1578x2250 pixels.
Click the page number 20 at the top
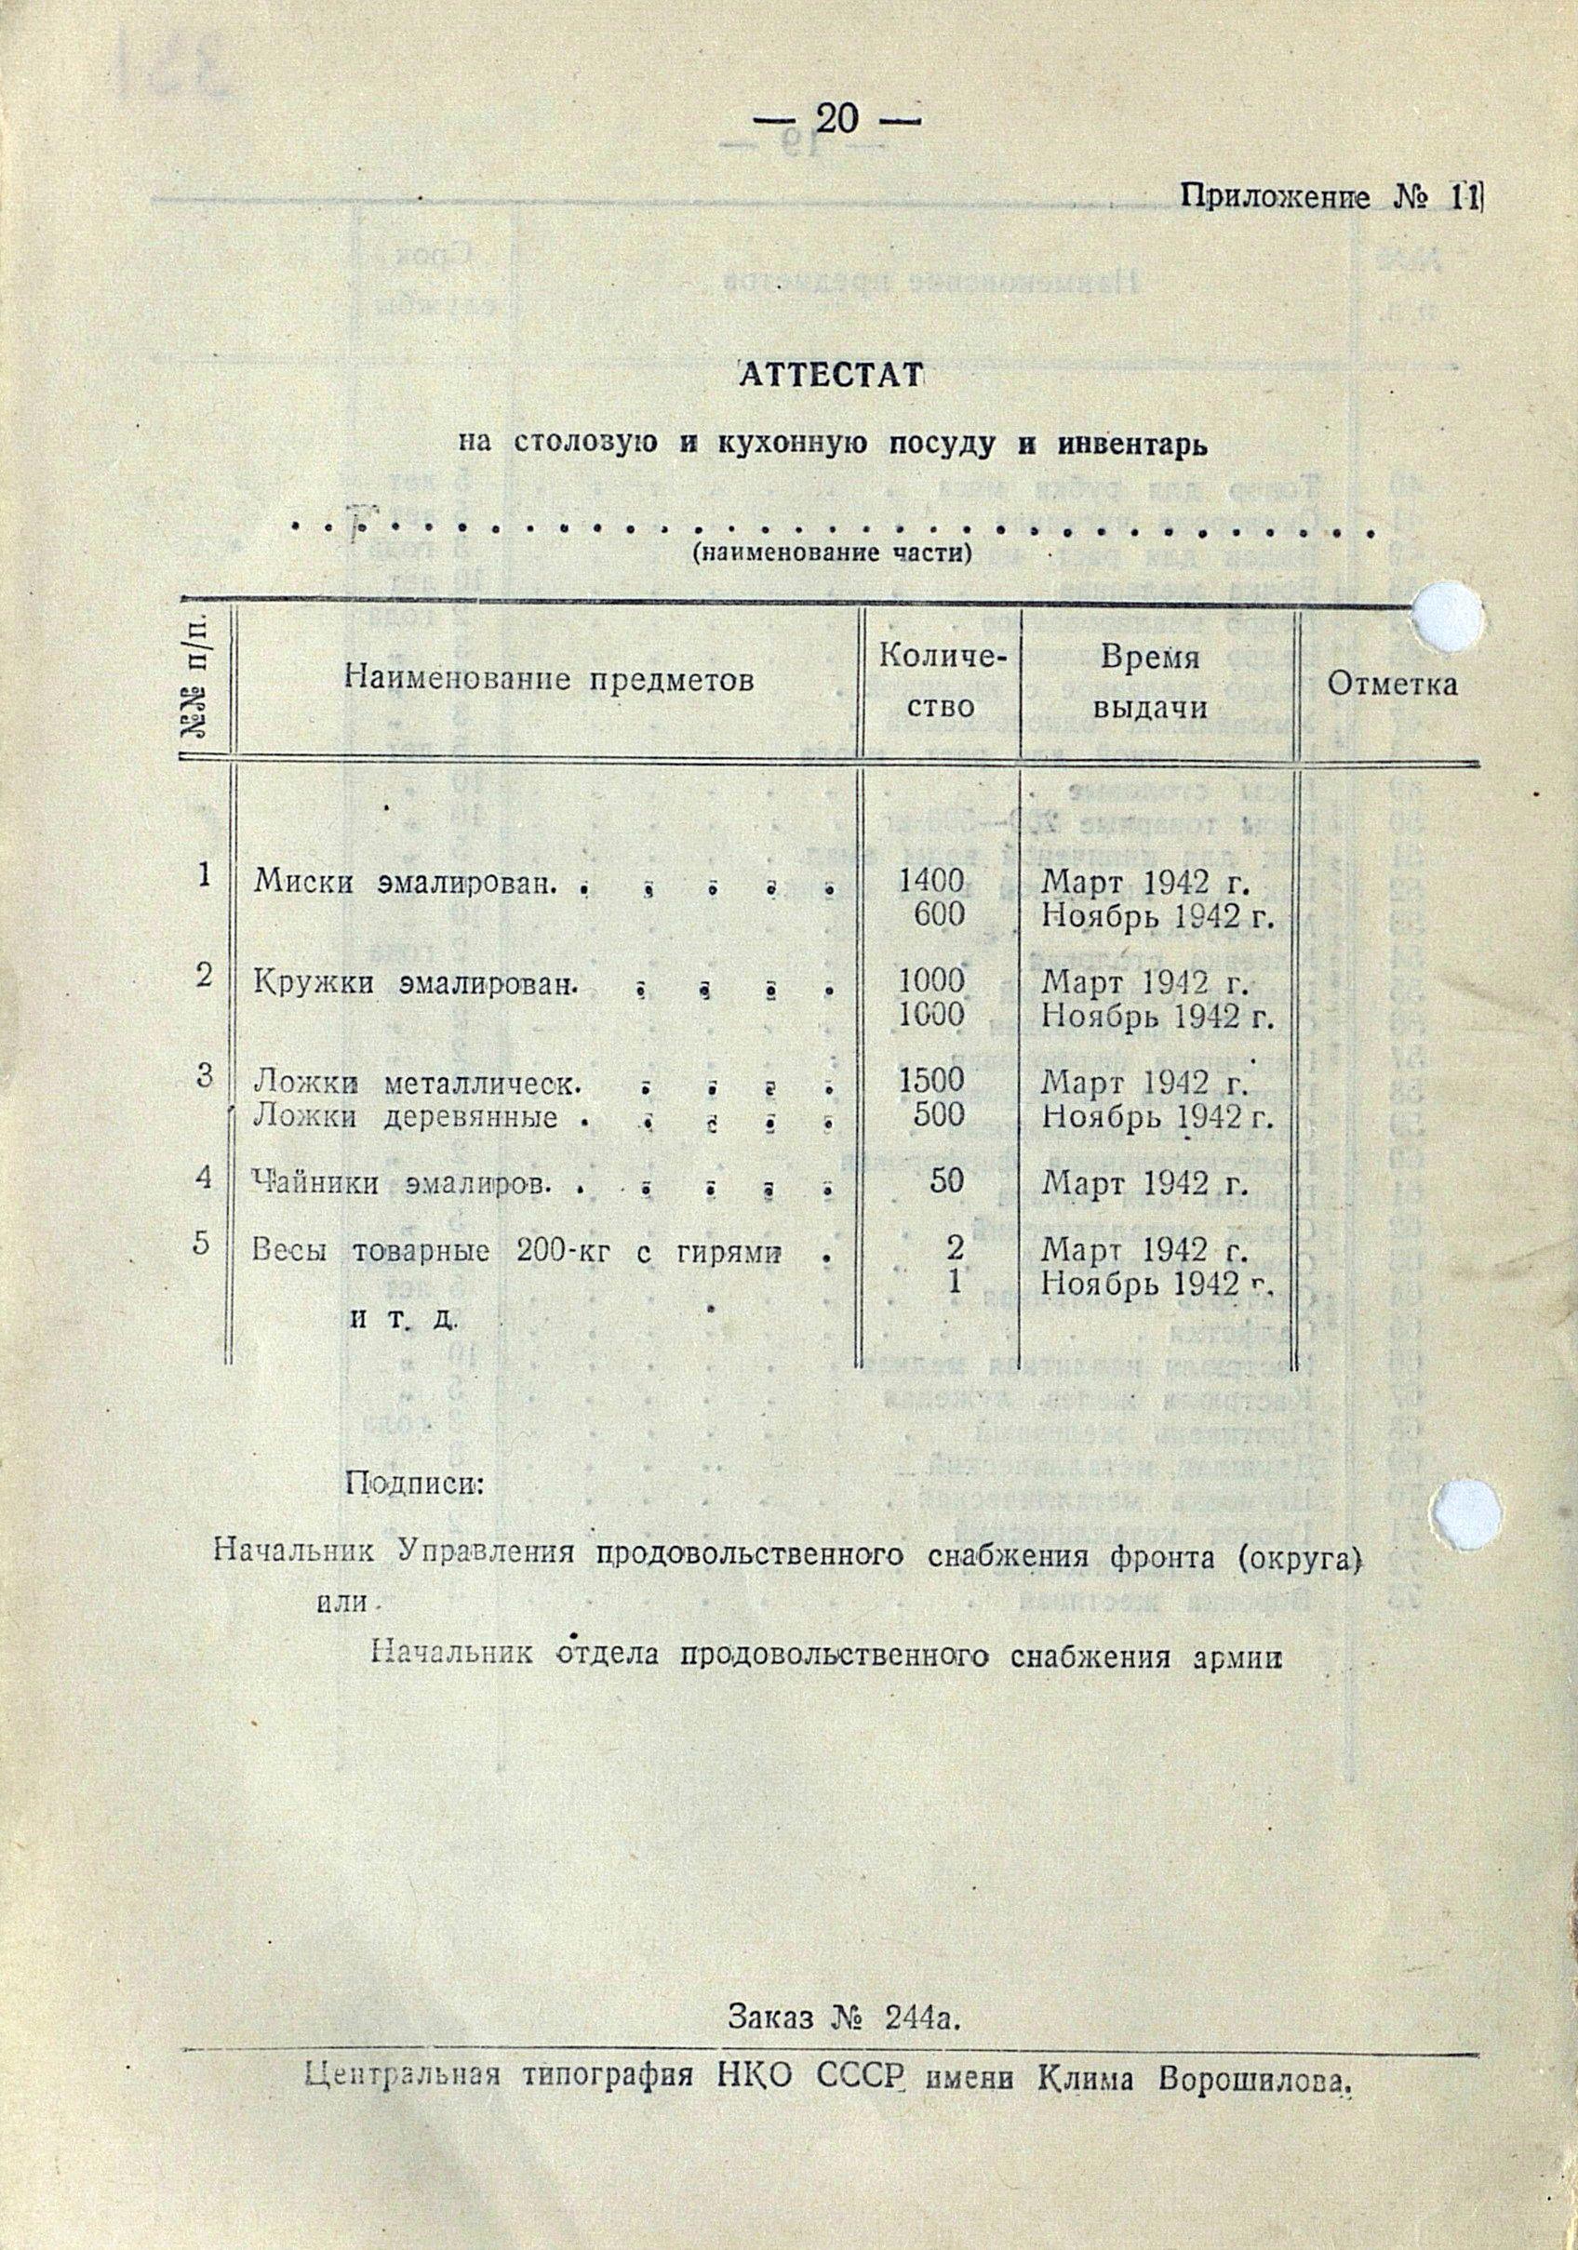836,121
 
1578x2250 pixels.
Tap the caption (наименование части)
832,553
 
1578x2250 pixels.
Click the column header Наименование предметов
549,680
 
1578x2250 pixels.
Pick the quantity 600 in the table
940,914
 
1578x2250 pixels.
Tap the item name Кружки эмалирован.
412,984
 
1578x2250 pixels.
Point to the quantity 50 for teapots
947,1182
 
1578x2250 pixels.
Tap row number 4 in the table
203,1176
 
